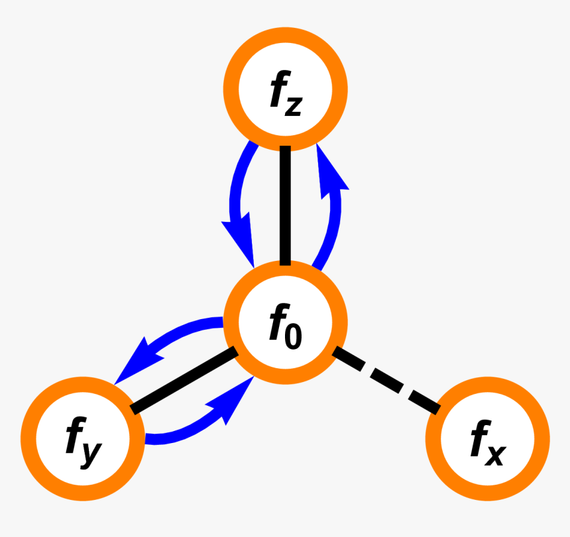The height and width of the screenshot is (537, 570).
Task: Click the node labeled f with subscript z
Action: click(x=284, y=91)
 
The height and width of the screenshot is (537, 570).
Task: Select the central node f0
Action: click(x=284, y=322)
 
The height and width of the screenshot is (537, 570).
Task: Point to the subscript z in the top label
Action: click(x=294, y=107)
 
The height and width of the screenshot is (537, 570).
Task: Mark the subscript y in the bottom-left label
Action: click(x=92, y=454)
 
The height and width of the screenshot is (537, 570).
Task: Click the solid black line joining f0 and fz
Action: click(x=285, y=205)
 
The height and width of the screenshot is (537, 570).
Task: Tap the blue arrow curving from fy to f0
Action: click(x=192, y=430)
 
